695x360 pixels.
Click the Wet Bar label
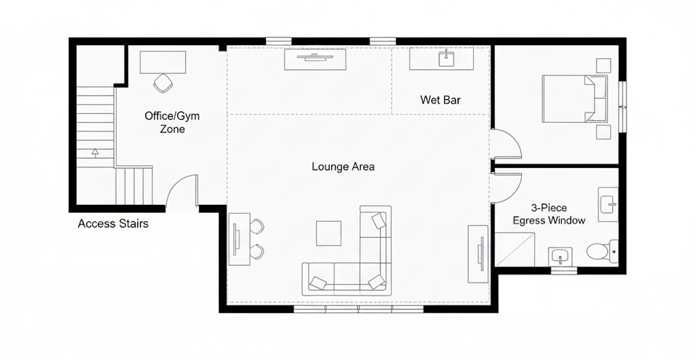440,100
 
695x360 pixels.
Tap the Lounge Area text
343,167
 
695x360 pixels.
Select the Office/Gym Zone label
172,123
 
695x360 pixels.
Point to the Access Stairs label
113,223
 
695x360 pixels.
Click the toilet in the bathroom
597,251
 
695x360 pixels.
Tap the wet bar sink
447,58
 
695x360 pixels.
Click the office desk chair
163,83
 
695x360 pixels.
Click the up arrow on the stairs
94,153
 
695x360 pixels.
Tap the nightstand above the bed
603,65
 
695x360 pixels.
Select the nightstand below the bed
603,132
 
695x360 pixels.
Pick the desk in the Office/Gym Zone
163,61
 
